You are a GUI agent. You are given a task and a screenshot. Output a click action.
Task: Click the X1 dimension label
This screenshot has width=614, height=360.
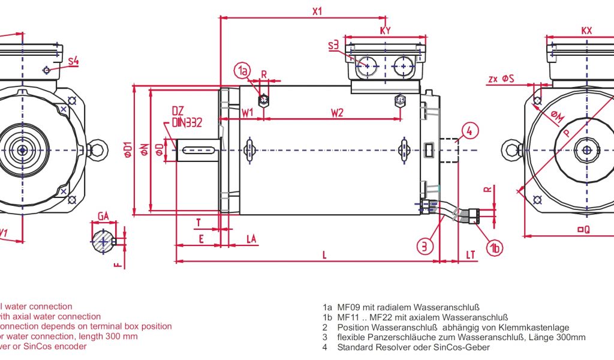pyautogui.click(x=317, y=11)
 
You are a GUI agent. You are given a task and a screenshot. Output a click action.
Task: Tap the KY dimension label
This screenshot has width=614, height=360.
pyautogui.click(x=386, y=30)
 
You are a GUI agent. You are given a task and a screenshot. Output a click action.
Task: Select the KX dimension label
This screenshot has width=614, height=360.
pyautogui.click(x=586, y=30)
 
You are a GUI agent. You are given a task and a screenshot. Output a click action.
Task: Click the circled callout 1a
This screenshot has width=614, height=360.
pyautogui.click(x=242, y=71)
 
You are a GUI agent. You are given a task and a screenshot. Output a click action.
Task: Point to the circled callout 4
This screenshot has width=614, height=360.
pyautogui.click(x=470, y=130)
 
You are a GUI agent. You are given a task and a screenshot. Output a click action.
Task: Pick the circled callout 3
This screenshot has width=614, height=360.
pyautogui.click(x=425, y=245)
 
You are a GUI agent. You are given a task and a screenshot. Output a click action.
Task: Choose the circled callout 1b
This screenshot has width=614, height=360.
pyautogui.click(x=494, y=247)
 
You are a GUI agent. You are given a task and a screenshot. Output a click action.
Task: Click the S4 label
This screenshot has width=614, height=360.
pyautogui.click(x=73, y=61)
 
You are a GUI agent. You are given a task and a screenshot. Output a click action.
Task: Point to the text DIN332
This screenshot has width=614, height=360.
pyautogui.click(x=186, y=123)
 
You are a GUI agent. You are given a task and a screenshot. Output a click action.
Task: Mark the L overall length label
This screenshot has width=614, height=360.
pyautogui.click(x=324, y=255)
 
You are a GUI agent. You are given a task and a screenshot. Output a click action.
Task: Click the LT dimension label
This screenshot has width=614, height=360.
pyautogui.click(x=471, y=255)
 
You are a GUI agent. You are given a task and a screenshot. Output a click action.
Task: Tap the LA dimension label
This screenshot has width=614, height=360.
pyautogui.click(x=251, y=239)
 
